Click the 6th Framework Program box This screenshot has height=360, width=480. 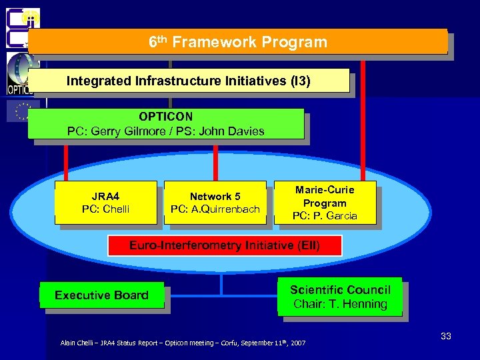[x=237, y=41]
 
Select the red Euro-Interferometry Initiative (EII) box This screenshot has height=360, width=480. [x=225, y=245]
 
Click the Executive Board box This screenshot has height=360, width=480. [x=101, y=295]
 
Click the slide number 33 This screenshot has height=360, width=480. [x=446, y=336]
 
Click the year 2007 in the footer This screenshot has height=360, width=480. [x=298, y=343]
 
